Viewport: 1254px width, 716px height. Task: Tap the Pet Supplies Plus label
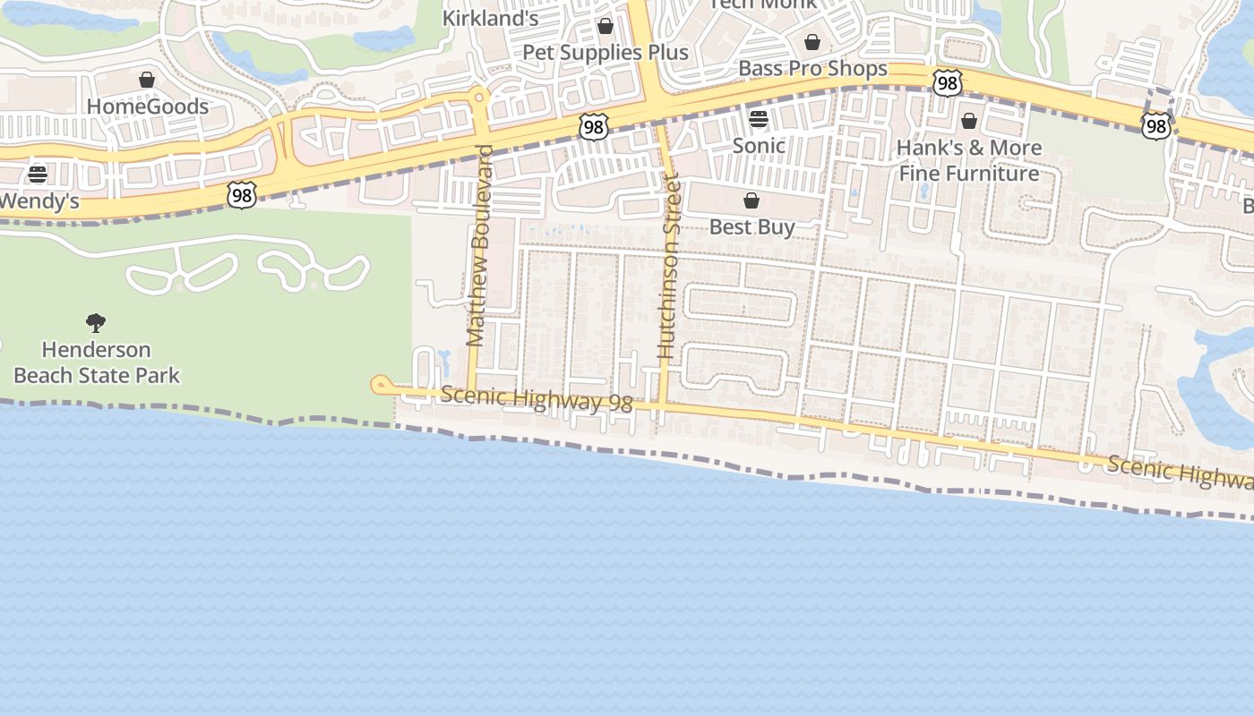(606, 52)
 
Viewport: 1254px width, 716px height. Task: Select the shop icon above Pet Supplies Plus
(606, 26)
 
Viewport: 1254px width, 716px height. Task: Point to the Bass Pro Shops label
(812, 69)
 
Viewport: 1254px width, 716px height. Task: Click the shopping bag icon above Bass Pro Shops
(812, 42)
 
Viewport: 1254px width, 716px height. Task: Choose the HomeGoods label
(147, 107)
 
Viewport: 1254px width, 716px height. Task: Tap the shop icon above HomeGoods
(147, 81)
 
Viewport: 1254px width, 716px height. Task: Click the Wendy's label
(39, 201)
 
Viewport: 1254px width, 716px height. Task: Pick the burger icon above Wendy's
(38, 174)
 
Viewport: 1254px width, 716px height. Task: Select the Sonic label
(759, 145)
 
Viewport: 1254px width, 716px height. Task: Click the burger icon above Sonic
(759, 119)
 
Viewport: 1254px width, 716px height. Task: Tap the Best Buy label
(752, 226)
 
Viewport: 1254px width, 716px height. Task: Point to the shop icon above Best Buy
(752, 200)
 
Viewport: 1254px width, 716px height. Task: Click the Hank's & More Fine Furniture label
(969, 160)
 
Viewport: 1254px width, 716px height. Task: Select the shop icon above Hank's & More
(969, 121)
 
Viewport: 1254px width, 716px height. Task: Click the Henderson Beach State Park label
(97, 362)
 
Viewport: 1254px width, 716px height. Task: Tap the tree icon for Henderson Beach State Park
(96, 323)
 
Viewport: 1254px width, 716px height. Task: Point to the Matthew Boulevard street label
(480, 245)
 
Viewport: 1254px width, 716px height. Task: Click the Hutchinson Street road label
(669, 268)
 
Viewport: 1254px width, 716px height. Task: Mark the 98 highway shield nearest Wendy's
(242, 195)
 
